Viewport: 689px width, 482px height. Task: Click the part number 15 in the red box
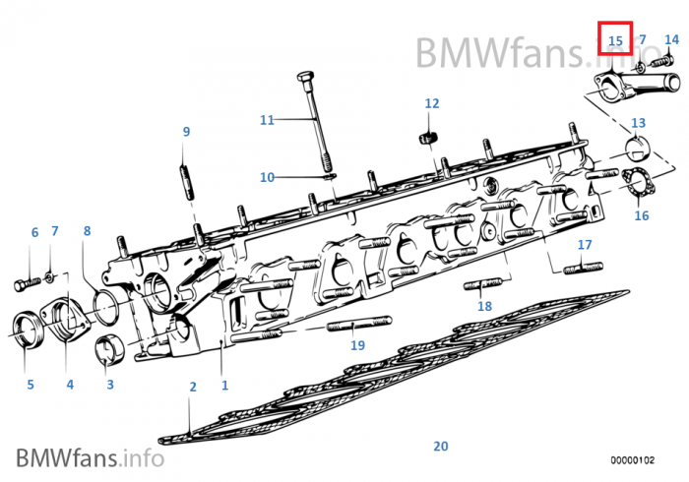click(x=616, y=40)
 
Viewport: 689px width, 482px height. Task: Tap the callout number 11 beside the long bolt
click(x=267, y=120)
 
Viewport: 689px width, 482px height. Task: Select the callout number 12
click(x=432, y=103)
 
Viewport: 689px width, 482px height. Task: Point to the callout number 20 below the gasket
click(x=440, y=446)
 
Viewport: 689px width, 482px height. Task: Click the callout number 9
click(x=185, y=132)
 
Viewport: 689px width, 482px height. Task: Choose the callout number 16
click(x=641, y=215)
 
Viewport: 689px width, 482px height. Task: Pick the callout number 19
click(x=357, y=345)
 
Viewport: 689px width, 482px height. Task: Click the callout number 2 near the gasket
click(x=193, y=387)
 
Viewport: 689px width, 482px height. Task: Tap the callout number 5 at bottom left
click(x=31, y=385)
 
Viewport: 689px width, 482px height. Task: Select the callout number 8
click(x=87, y=231)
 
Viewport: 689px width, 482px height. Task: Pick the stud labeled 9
click(x=186, y=184)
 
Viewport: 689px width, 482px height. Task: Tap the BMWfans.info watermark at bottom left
click(x=90, y=456)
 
